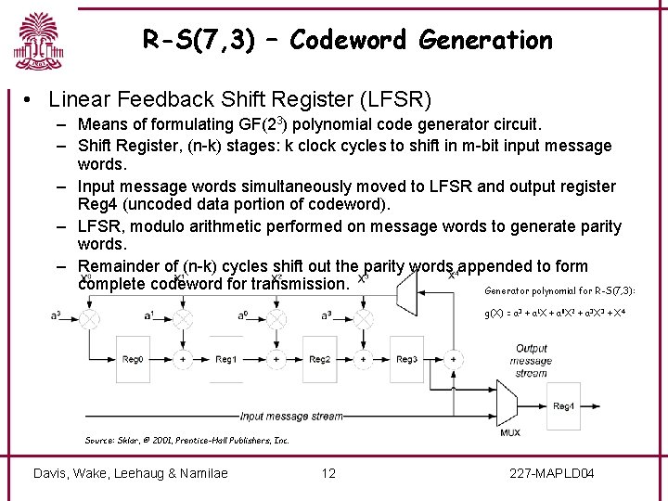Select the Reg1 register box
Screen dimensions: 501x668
click(x=226, y=359)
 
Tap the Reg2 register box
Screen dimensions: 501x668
click(x=320, y=359)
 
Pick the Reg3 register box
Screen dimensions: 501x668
click(x=406, y=359)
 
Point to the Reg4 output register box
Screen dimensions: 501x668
click(x=563, y=405)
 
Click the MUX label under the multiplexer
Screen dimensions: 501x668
click(x=509, y=430)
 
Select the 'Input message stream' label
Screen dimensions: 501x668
click(x=291, y=417)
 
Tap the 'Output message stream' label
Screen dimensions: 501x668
click(x=532, y=361)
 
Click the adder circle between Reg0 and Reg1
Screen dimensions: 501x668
click(x=183, y=359)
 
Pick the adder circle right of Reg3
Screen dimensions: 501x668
click(x=453, y=359)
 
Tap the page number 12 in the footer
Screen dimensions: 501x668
click(x=328, y=473)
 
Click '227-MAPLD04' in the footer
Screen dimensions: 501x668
click(x=552, y=473)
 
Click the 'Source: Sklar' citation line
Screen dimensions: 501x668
click(x=186, y=440)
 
